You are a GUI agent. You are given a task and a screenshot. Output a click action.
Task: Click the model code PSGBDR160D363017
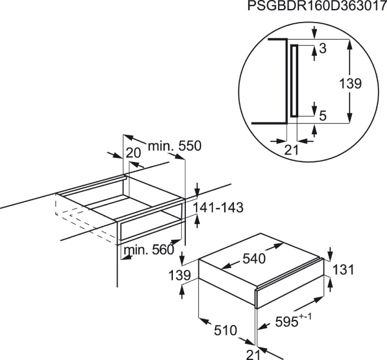click(x=317, y=6)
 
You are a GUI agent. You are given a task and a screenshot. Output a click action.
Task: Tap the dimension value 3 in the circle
click(x=323, y=49)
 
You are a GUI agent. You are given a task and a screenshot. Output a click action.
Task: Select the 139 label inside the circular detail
click(x=350, y=84)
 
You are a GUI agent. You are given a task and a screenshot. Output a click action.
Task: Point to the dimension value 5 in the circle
click(x=323, y=116)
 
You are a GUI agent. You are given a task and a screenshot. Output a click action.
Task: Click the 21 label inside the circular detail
click(x=292, y=150)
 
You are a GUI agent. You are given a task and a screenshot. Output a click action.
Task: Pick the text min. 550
click(x=175, y=146)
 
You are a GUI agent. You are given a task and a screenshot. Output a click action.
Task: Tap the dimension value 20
click(x=133, y=153)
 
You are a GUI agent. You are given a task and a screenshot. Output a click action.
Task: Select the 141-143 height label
click(x=218, y=208)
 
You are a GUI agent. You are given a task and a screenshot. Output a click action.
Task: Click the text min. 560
click(x=149, y=250)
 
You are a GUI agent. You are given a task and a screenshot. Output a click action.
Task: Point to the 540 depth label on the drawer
click(x=254, y=258)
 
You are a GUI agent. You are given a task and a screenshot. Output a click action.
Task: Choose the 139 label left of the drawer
click(x=180, y=275)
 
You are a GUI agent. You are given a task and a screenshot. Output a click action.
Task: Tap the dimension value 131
click(x=343, y=269)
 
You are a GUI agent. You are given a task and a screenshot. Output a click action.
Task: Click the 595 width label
click(x=286, y=322)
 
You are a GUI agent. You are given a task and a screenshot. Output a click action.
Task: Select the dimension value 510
click(x=225, y=331)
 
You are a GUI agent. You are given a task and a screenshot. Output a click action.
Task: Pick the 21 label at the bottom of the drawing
click(x=254, y=354)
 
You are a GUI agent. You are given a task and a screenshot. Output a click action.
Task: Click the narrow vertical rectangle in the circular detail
click(x=294, y=80)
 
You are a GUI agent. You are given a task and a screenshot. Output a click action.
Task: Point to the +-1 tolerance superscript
click(x=305, y=316)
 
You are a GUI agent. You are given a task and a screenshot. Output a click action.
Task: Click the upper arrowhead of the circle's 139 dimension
click(x=350, y=44)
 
